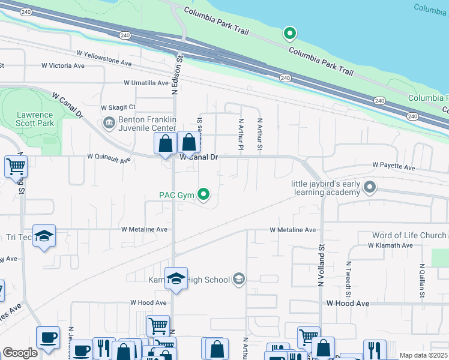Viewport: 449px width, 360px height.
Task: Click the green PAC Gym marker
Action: click(x=204, y=194)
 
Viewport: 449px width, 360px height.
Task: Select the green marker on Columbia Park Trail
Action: click(x=290, y=33)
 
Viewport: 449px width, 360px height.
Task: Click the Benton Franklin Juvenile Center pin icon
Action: click(x=109, y=124)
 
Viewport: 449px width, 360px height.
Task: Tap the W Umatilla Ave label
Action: click(x=146, y=83)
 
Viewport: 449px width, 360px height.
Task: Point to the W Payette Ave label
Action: click(x=393, y=165)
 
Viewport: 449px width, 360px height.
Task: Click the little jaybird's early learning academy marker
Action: click(x=370, y=188)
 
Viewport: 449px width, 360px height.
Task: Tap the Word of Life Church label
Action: click(x=409, y=235)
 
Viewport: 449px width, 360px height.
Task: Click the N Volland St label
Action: click(x=321, y=265)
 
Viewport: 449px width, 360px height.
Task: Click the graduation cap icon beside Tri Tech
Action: click(x=44, y=237)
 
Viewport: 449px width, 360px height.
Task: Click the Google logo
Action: click(x=19, y=353)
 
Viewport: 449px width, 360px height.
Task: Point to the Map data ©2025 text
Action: click(x=423, y=355)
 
